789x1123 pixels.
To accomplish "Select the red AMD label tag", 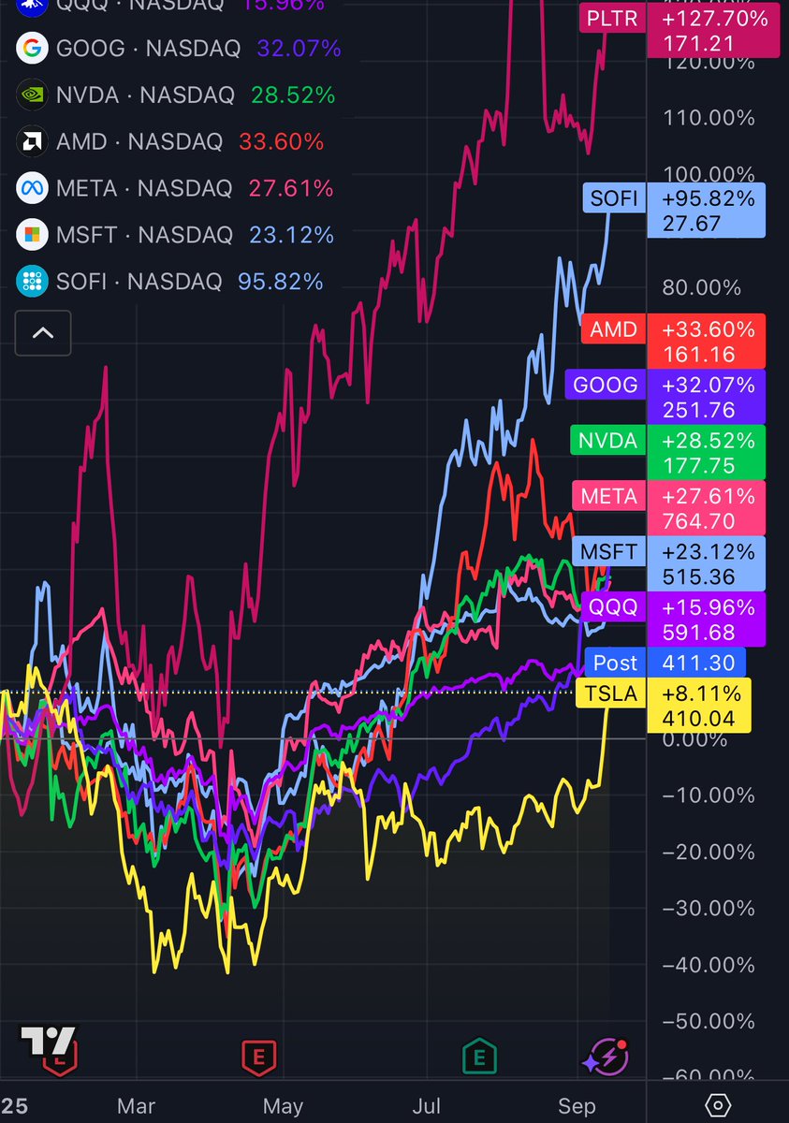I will coord(671,342).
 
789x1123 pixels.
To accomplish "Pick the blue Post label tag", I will coord(665,663).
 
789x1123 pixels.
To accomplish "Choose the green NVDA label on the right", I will coord(666,453).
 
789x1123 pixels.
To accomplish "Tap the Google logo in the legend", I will coord(33,48).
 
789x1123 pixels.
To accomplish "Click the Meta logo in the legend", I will coord(33,188).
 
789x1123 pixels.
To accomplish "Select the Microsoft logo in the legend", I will coord(33,235).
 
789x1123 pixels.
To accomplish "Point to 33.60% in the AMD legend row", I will coord(281,142).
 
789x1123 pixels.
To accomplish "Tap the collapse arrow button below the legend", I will coord(43,333).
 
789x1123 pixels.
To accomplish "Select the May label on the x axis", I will coord(283,1106).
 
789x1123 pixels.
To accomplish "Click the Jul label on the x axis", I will coord(427,1106).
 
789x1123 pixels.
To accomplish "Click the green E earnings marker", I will coord(479,1057).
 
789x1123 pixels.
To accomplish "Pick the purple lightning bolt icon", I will coord(605,1057).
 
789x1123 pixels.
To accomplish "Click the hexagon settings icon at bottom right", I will coord(717,1105).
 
